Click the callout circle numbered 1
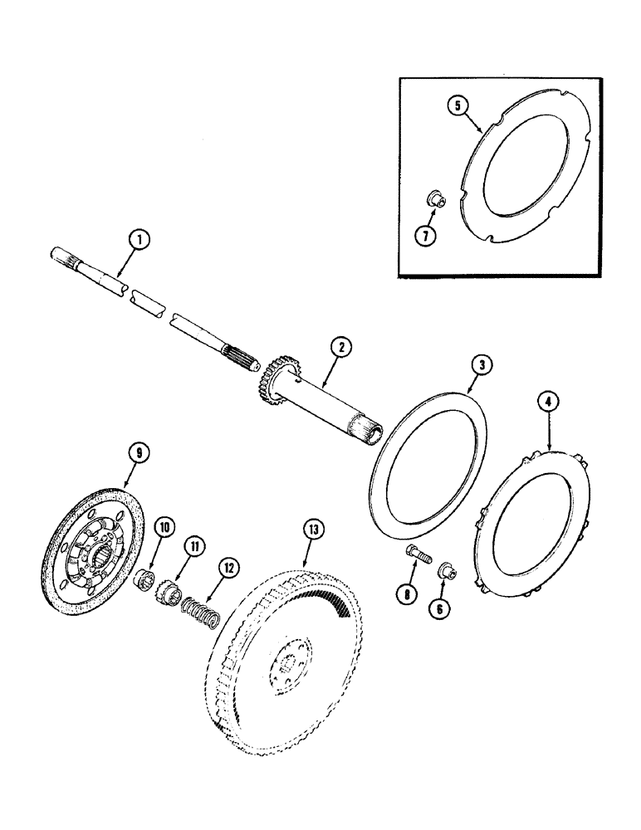[140, 240]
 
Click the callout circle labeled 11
[193, 546]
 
